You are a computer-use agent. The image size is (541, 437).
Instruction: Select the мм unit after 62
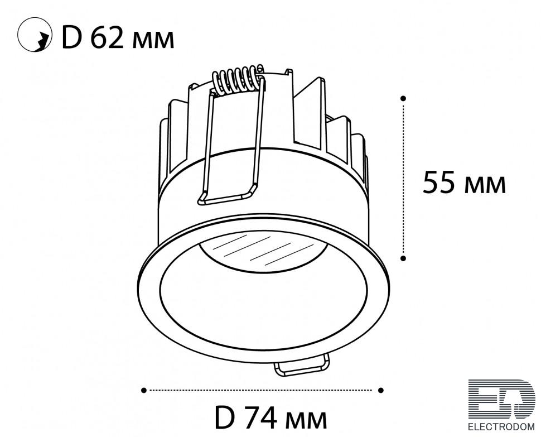[x=152, y=40]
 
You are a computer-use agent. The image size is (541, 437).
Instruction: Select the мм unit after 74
[x=306, y=421]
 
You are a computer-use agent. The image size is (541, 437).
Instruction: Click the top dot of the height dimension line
[x=403, y=98]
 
